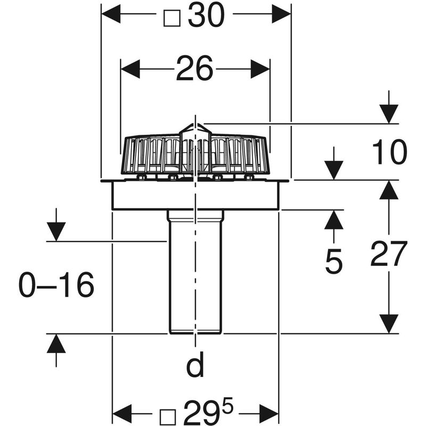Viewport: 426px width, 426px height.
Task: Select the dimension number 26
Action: [x=194, y=69]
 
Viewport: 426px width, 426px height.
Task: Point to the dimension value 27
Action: [x=389, y=253]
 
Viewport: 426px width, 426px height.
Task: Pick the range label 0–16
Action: [x=56, y=286]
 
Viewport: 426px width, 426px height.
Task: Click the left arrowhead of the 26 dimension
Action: [x=130, y=69]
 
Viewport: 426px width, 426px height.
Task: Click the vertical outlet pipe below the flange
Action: [x=195, y=277]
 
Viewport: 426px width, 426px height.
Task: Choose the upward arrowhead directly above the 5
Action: [x=334, y=219]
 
